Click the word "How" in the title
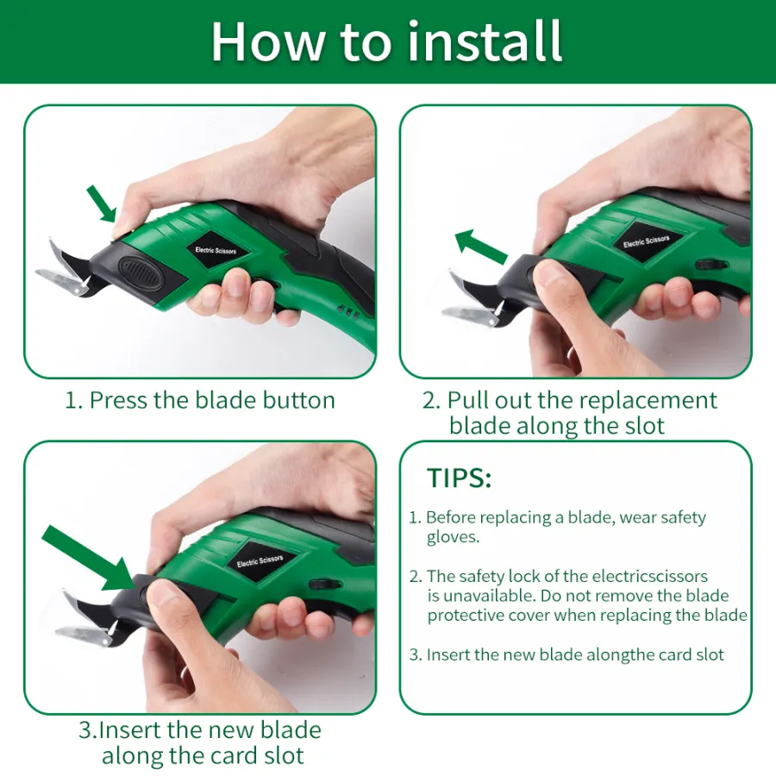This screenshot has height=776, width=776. coord(268,41)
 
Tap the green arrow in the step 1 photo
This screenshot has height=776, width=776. coord(102,203)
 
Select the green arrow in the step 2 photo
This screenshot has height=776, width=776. coord(480,246)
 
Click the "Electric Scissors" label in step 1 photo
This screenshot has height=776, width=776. coord(216,250)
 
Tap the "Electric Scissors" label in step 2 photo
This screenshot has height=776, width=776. coord(647,241)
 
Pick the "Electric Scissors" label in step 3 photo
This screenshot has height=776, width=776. coord(260,561)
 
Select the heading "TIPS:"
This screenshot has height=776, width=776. coord(459,478)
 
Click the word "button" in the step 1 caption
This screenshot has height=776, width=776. coord(298,400)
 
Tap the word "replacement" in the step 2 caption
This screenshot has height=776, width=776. coord(648,401)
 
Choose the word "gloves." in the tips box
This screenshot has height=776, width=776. coord(453,537)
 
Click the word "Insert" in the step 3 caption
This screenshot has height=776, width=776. coord(131,730)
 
